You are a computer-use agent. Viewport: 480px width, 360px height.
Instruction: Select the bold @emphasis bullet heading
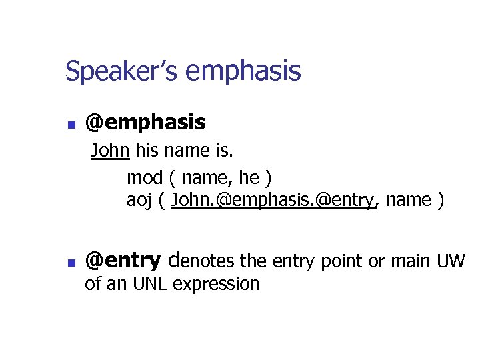coord(145,123)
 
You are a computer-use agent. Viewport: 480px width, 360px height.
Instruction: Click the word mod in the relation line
coord(144,178)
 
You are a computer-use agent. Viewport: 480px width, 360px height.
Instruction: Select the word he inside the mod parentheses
coord(249,178)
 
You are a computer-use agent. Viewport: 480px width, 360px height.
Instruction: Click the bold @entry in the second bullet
coord(123,260)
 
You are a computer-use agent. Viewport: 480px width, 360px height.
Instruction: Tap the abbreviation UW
coord(451,261)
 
